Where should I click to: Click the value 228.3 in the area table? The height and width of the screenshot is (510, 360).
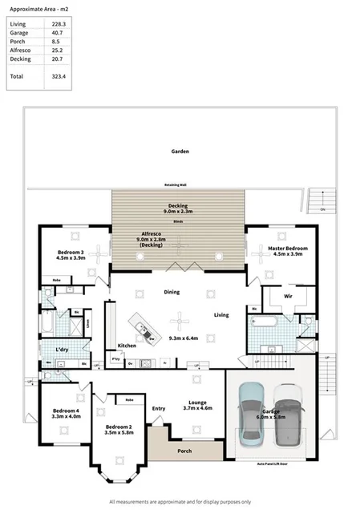coord(58,25)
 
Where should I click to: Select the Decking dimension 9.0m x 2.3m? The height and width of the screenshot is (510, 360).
coord(177,211)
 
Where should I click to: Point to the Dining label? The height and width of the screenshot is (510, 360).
coord(172,293)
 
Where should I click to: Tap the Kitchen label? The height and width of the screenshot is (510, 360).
coord(127,346)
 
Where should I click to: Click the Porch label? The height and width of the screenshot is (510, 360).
coord(184,451)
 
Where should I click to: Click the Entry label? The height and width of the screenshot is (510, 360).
coord(158,408)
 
